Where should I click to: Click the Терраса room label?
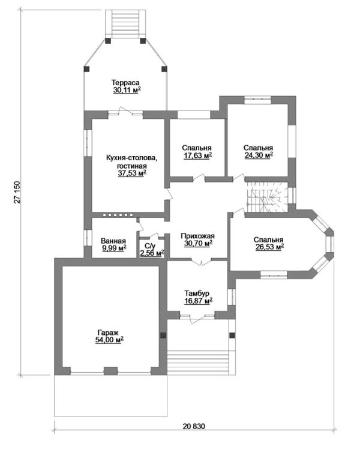point(125,83)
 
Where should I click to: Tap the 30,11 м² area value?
point(127,90)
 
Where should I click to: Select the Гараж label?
point(108,333)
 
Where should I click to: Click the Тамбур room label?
point(197,294)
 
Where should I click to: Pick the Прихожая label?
point(197,236)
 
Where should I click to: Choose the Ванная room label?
point(113,241)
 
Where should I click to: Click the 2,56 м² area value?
point(152,253)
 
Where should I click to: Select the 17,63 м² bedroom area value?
point(197,155)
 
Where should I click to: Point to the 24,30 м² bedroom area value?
point(259,155)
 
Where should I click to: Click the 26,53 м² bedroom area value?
point(269,247)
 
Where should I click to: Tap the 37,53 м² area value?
point(132,173)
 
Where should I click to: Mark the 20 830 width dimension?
point(194,426)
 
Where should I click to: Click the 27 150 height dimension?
point(17,192)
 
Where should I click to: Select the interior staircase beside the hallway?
point(267,197)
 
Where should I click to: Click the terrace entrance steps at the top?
point(125,24)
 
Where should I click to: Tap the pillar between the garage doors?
point(110,371)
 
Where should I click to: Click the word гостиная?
point(132,166)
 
